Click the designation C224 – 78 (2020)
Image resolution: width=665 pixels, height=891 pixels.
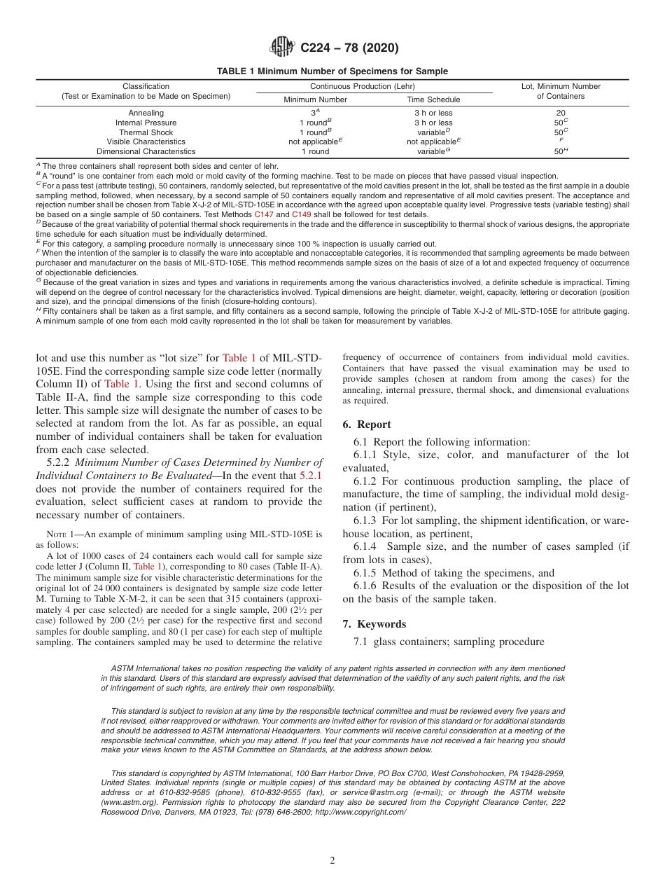pyautogui.click(x=349, y=48)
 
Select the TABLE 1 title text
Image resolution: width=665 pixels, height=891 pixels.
pyautogui.click(x=332, y=71)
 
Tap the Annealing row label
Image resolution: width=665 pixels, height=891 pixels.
pyautogui.click(x=146, y=113)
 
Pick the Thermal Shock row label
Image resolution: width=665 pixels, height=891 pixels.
pyautogui.click(x=146, y=132)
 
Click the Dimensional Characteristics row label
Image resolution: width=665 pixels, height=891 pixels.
pyautogui.click(x=146, y=151)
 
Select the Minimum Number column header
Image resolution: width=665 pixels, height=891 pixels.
pyautogui.click(x=315, y=99)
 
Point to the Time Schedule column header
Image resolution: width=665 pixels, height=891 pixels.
pyautogui.click(x=433, y=99)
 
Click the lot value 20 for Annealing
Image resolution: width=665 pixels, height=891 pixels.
pyautogui.click(x=560, y=113)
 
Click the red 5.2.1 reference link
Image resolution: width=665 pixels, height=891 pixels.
pyautogui.click(x=311, y=476)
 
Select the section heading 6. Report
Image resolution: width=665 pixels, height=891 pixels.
pyautogui.click(x=367, y=424)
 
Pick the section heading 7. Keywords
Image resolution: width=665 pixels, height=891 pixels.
pyautogui.click(x=374, y=624)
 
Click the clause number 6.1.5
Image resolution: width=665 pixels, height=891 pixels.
pyautogui.click(x=365, y=572)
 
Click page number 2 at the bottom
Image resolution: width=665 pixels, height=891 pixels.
pyautogui.click(x=332, y=861)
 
